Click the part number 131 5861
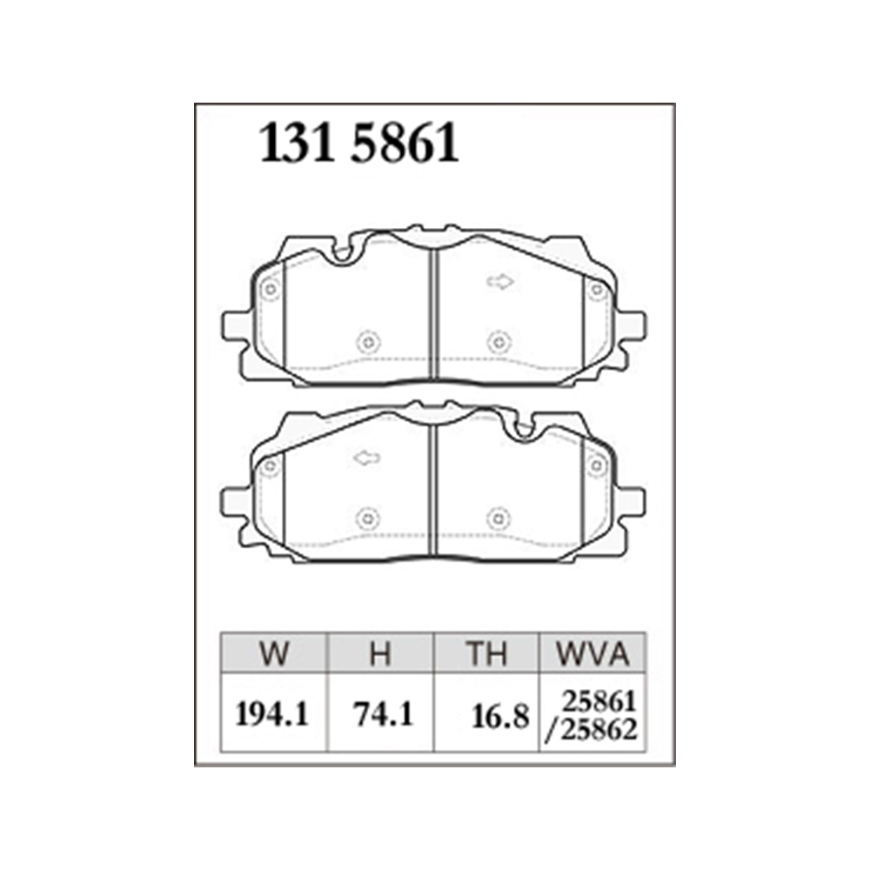(x=359, y=144)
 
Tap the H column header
(x=381, y=653)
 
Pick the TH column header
(x=486, y=653)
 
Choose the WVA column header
(x=592, y=653)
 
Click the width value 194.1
(x=271, y=714)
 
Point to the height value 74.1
(x=384, y=714)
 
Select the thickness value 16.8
(x=500, y=717)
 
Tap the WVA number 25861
(x=599, y=703)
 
